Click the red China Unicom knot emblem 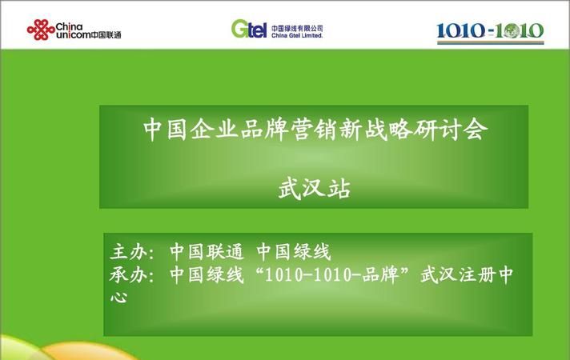tap(41, 30)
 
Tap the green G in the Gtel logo tap(240, 29)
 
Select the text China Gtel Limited tap(297, 36)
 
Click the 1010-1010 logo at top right tap(490, 33)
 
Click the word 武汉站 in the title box tap(315, 189)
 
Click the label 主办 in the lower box tap(128, 252)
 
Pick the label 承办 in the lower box tap(128, 274)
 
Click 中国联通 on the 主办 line tap(206, 252)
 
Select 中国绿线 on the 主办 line tap(294, 252)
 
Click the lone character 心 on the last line tap(118, 298)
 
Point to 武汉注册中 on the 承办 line tap(467, 274)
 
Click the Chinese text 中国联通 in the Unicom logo tap(106, 35)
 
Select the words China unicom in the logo tap(73, 31)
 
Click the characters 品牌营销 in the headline tap(289, 130)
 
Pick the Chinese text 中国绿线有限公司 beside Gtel tap(297, 28)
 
